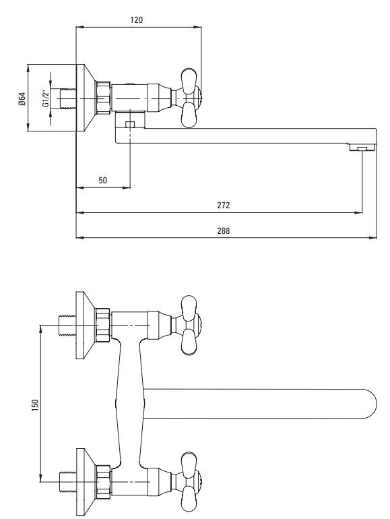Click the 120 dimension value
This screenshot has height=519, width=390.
[x=136, y=20]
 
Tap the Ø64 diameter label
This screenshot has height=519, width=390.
[x=22, y=99]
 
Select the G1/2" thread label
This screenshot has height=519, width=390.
[x=46, y=98]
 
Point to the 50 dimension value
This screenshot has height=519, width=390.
[x=103, y=180]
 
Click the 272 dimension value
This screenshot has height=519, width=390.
[x=223, y=205]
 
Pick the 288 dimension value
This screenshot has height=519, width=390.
[x=223, y=231]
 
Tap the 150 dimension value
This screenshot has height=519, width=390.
[x=35, y=405]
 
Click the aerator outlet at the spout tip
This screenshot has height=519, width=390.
[x=363, y=148]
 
